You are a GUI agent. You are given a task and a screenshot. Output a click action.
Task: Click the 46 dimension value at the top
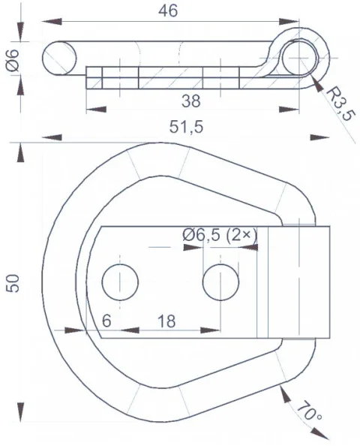pos(168,11)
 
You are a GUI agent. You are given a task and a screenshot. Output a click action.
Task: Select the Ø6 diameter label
pos(13,60)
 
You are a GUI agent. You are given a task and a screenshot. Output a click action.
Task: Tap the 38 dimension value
pos(191,101)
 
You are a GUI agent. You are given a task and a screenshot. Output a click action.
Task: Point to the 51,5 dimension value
pos(187,127)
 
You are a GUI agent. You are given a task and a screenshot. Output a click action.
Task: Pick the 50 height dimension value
pos(13,283)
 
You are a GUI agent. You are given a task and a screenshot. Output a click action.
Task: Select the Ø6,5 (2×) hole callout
pos(220,235)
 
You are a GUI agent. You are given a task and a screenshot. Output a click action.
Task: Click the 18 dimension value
pos(166,321)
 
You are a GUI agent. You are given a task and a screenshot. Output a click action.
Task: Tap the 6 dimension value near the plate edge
pos(106,321)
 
